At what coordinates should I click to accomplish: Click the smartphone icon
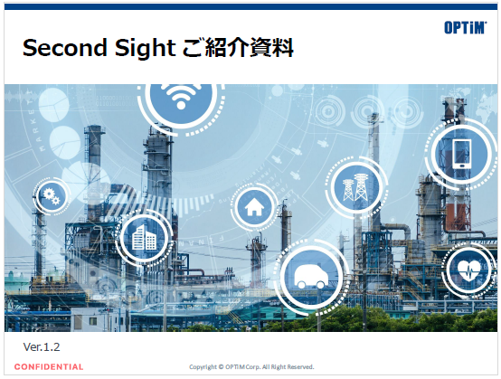(x=461, y=153)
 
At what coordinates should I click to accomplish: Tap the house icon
(x=254, y=207)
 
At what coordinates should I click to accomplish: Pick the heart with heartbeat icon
(x=470, y=270)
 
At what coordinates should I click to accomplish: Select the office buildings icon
(x=144, y=239)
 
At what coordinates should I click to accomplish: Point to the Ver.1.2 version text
(x=41, y=347)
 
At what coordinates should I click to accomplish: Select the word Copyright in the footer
(x=203, y=367)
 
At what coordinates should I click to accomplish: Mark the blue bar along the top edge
(x=250, y=5)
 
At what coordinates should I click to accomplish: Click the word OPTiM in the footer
(x=237, y=367)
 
